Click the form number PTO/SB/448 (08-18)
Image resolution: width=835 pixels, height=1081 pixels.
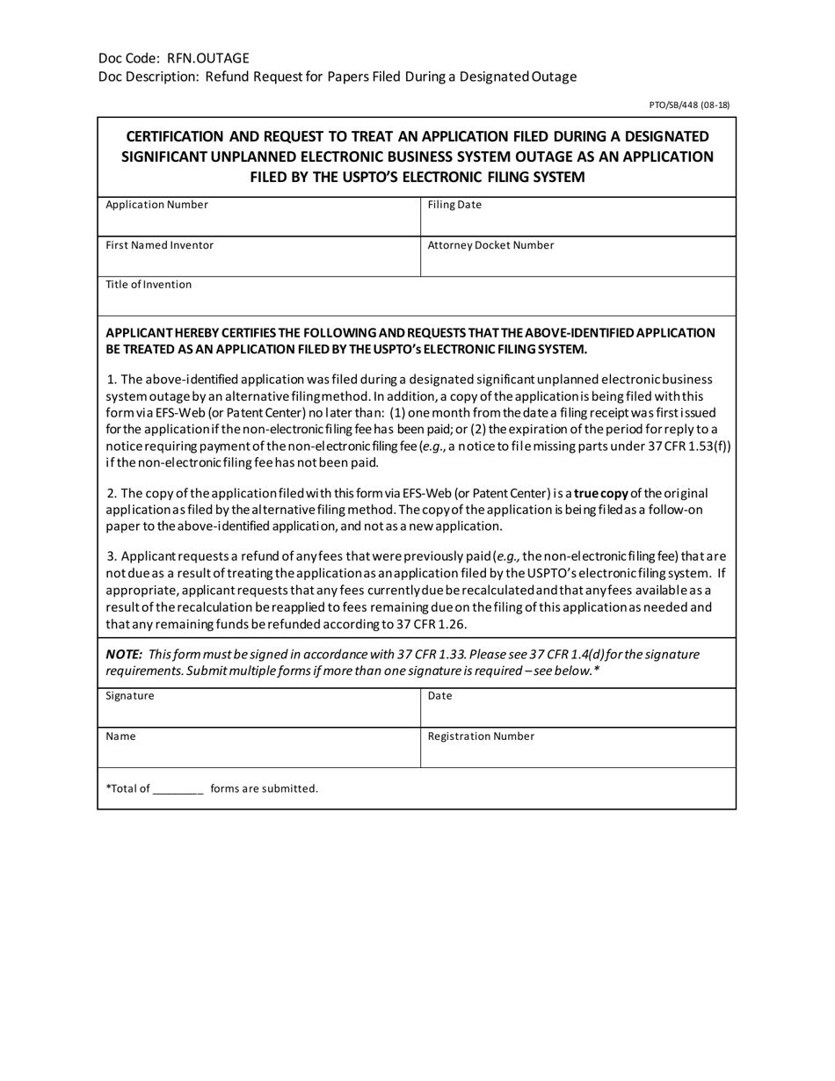689,105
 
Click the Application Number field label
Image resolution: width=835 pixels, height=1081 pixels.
156,205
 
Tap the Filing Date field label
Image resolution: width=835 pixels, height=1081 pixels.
454,205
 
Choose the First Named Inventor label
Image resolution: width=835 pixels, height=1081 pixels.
159,245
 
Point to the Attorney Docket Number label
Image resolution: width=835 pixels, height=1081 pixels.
490,245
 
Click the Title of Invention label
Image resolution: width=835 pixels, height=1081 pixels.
149,285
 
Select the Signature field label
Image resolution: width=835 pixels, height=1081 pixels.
129,695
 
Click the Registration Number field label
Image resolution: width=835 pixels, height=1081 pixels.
481,736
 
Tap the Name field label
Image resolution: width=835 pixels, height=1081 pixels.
120,736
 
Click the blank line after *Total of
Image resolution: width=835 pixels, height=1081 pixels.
178,790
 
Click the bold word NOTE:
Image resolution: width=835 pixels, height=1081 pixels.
124,655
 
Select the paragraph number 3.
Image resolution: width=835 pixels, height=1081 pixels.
112,556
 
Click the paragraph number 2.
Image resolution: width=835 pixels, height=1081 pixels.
112,494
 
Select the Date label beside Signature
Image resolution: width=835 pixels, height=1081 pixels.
439,695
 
